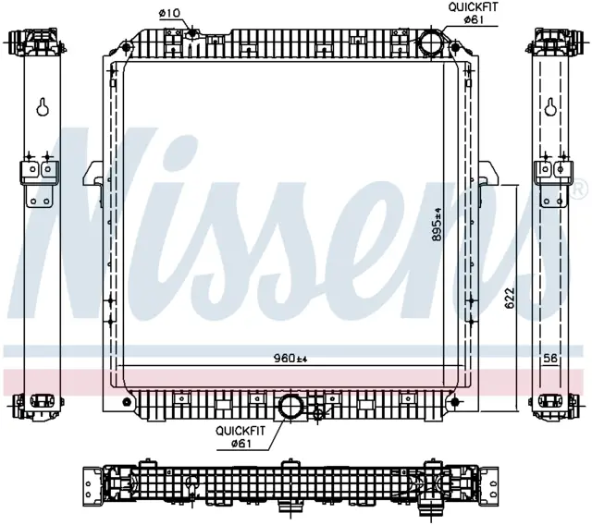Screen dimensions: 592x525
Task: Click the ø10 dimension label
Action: (x=170, y=13)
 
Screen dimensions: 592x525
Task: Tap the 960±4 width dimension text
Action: (x=290, y=359)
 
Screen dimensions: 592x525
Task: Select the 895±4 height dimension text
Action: (x=437, y=224)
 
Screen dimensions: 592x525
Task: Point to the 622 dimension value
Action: (x=510, y=299)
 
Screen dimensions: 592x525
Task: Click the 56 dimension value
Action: (x=550, y=359)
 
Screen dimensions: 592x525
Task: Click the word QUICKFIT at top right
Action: (x=473, y=7)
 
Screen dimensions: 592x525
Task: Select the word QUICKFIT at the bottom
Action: (x=240, y=431)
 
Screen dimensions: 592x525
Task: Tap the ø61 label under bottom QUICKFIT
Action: (x=240, y=444)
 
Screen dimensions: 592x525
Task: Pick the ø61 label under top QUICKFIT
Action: (x=473, y=19)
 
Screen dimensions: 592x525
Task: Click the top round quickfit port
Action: (x=430, y=41)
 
